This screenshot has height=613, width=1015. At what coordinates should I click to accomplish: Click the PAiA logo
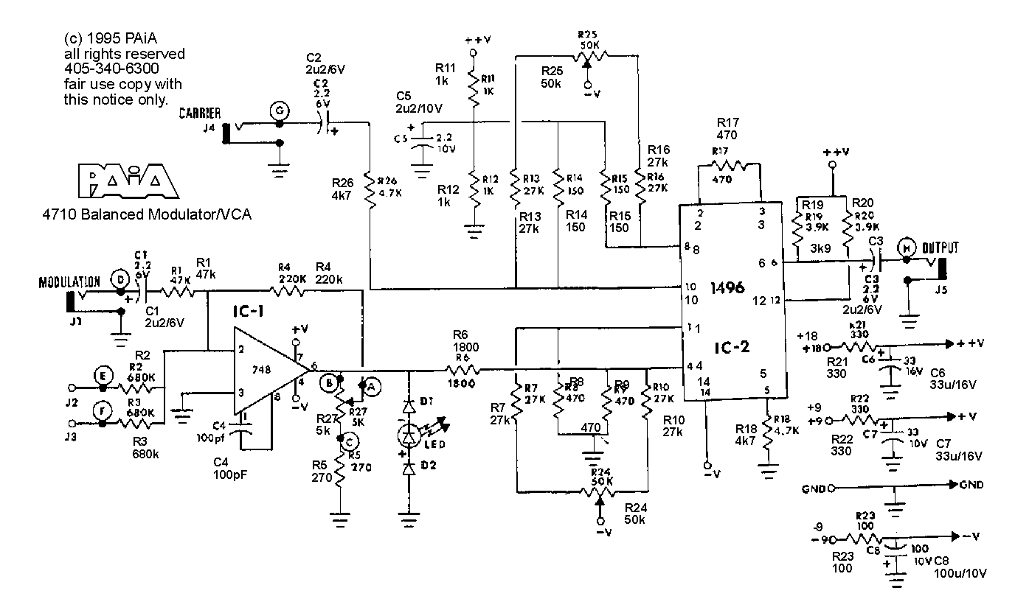coord(127,181)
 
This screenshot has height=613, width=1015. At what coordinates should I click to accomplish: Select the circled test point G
coord(279,111)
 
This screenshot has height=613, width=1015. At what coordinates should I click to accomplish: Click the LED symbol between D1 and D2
coord(408,435)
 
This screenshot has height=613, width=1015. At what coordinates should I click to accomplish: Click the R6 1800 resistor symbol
coord(461,368)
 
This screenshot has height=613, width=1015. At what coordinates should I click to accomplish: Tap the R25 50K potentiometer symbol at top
coord(587,55)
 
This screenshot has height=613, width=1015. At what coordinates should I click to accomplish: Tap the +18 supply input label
coord(809,346)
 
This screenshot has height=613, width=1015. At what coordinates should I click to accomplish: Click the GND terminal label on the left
coord(814,488)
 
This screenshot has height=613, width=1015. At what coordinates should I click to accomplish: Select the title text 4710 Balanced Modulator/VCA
coord(147,215)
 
